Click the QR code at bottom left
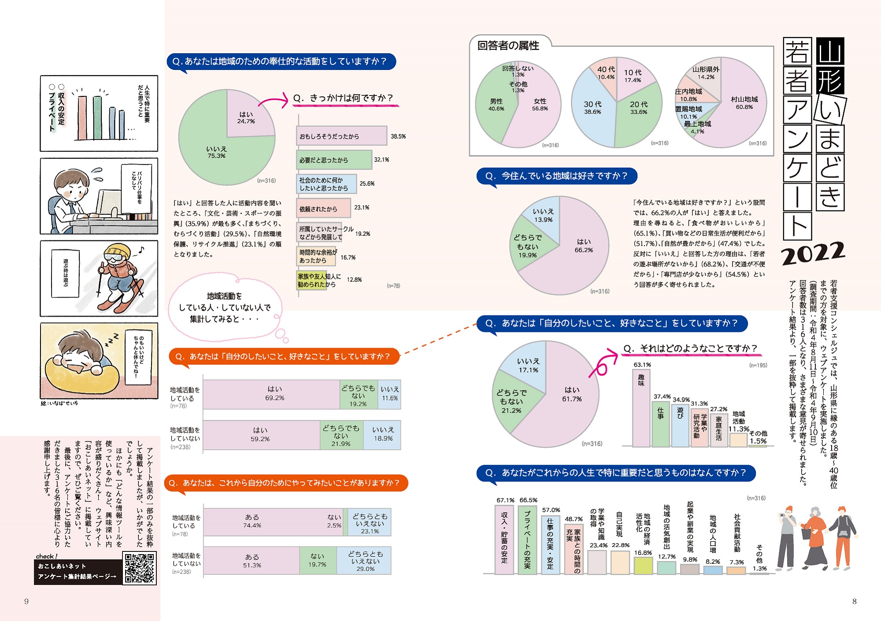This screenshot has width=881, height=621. pyautogui.click(x=139, y=568)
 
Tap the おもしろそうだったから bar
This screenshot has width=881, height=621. pyautogui.click(x=341, y=136)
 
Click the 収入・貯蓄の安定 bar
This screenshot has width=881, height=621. pyautogui.click(x=504, y=539)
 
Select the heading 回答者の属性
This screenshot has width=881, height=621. pyautogui.click(x=508, y=46)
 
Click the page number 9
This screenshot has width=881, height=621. pyautogui.click(x=26, y=601)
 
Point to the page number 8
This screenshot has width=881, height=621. pyautogui.click(x=854, y=601)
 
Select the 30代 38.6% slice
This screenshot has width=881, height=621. pyautogui.click(x=592, y=110)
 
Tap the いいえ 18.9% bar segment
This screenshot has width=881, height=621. pyautogui.click(x=382, y=435)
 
